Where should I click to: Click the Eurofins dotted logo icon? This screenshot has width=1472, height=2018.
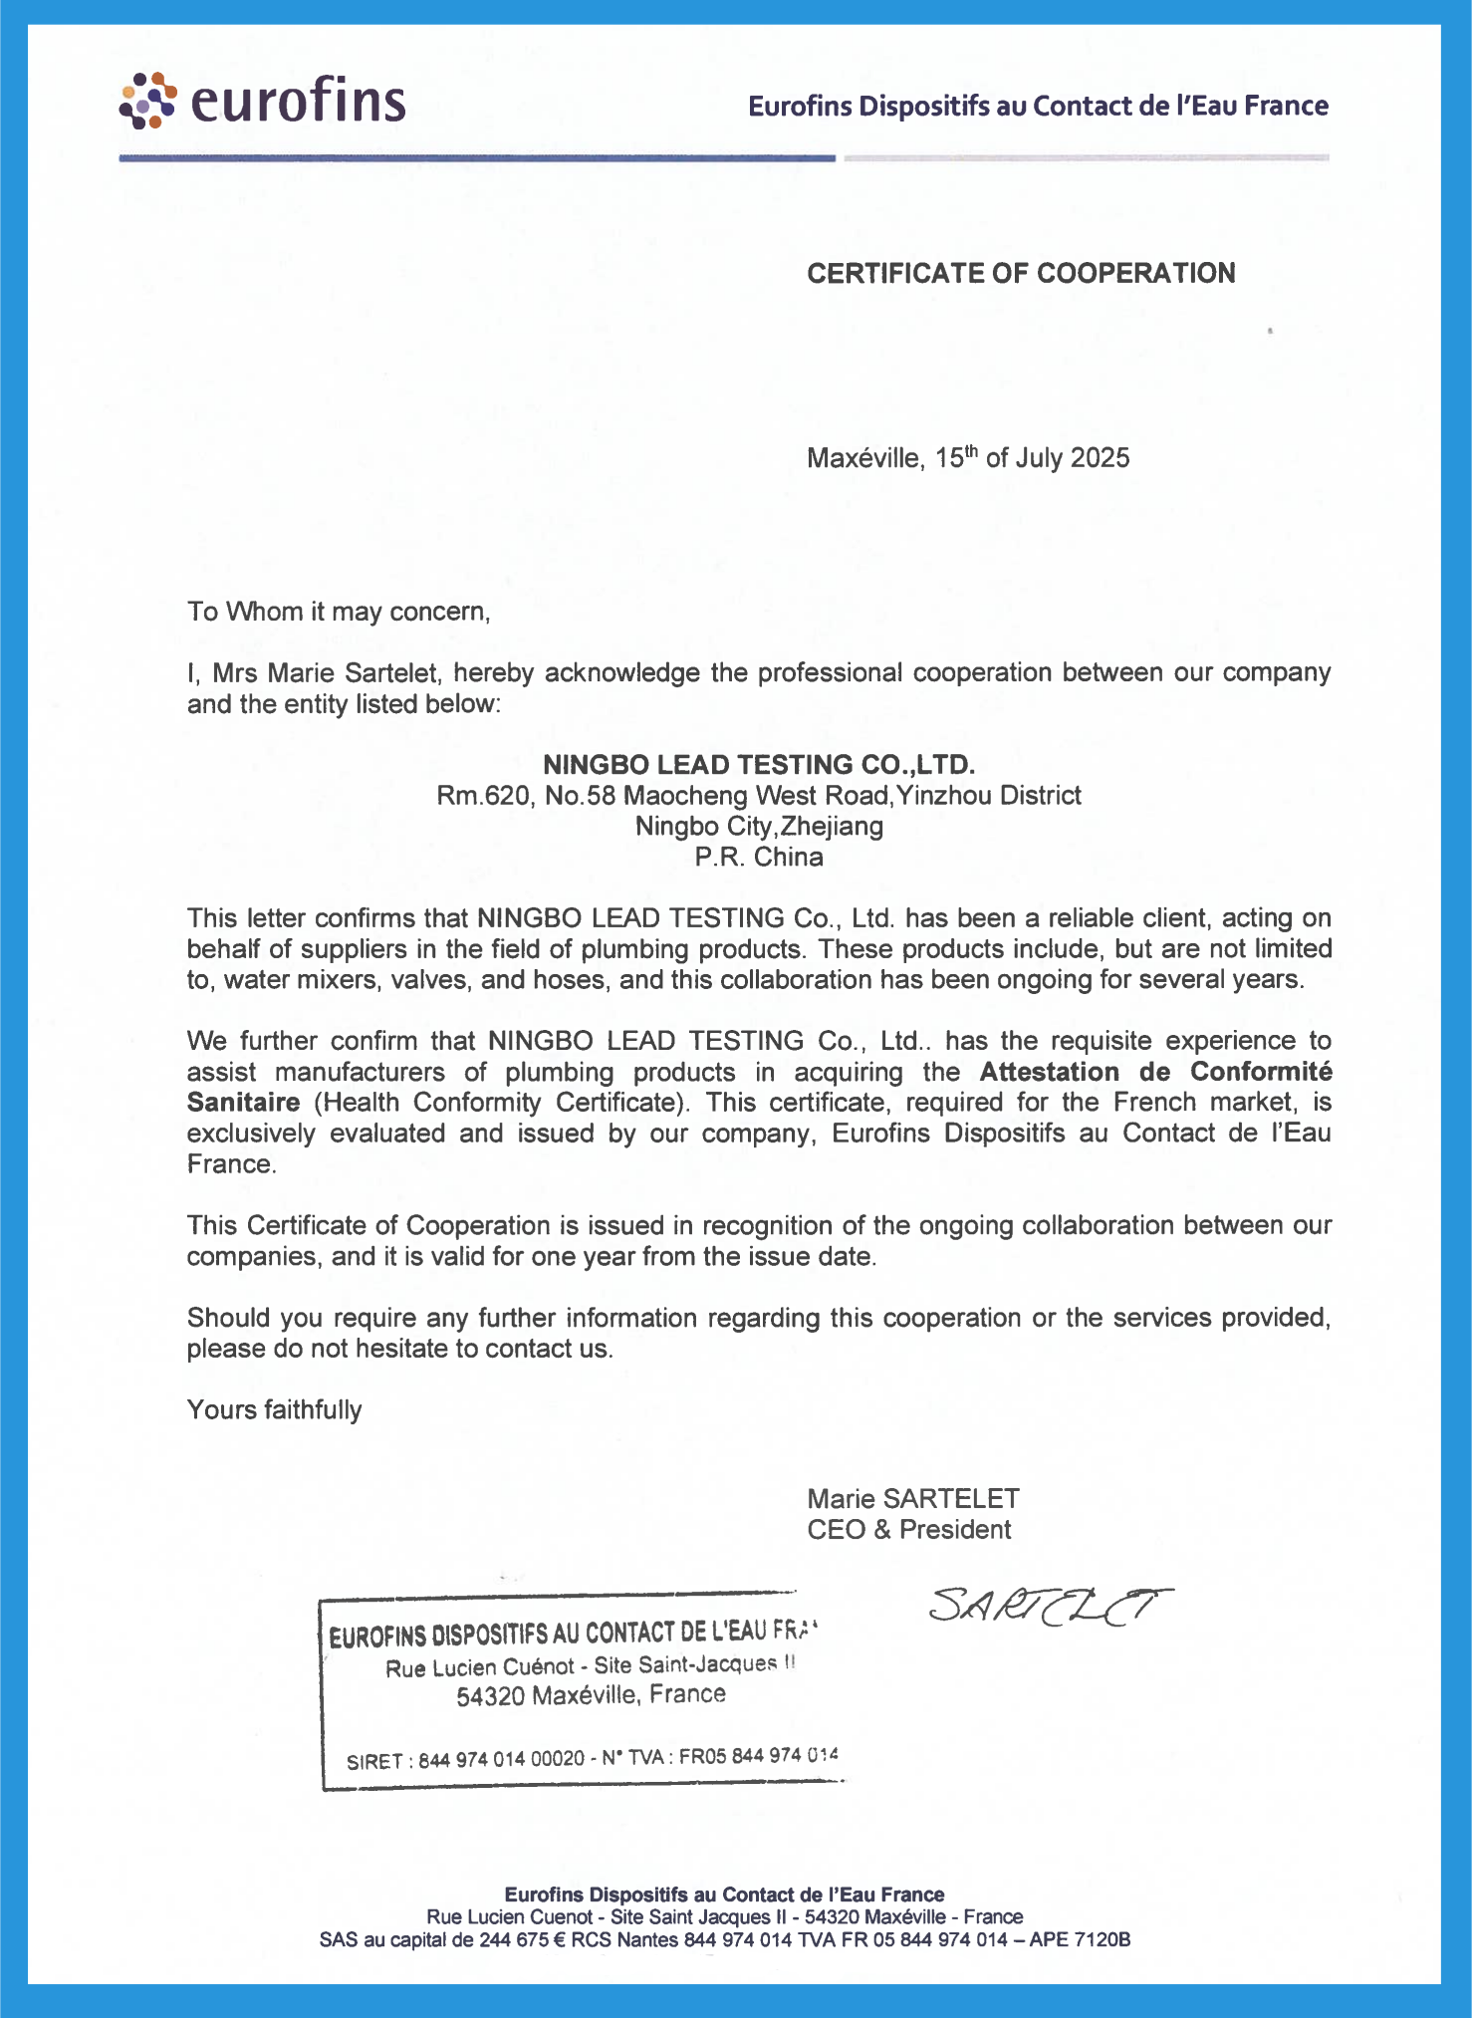click(x=147, y=101)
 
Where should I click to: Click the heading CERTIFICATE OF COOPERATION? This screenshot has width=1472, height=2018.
click(x=1021, y=273)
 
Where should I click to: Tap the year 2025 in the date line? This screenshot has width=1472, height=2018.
click(x=1100, y=458)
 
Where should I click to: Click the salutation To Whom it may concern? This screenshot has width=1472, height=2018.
click(x=339, y=612)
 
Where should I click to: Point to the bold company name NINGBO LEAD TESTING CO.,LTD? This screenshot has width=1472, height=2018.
click(x=758, y=765)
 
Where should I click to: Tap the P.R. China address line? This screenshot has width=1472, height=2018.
click(x=759, y=858)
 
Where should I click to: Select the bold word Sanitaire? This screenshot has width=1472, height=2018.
click(x=243, y=1103)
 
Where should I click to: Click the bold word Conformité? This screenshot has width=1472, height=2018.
click(x=1261, y=1072)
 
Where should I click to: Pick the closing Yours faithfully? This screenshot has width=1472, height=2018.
click(x=274, y=1410)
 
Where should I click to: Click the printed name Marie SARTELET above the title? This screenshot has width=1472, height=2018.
click(x=913, y=1499)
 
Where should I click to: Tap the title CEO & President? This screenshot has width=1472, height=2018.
click(x=909, y=1530)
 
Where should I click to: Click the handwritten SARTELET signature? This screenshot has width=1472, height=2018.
click(x=1050, y=1605)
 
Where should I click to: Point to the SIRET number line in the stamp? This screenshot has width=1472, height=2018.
click(x=592, y=1758)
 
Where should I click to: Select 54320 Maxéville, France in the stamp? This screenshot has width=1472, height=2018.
click(x=591, y=1695)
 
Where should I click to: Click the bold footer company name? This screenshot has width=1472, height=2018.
click(x=724, y=1894)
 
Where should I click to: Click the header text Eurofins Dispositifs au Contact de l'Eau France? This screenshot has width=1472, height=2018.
click(x=1038, y=106)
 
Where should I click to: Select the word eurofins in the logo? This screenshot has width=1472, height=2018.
click(x=298, y=101)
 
